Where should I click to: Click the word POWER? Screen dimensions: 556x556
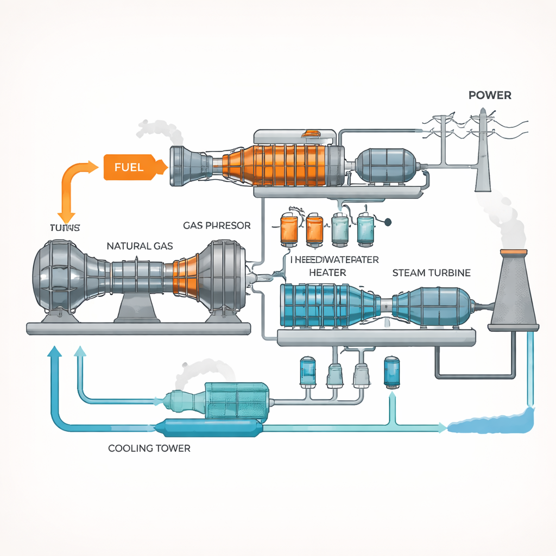pos(489,95)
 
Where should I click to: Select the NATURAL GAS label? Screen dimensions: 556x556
pos(140,246)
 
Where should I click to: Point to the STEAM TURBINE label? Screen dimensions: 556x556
pos(431,273)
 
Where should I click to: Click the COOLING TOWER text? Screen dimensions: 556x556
pos(149,448)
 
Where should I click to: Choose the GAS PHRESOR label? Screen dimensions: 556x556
pos(216,225)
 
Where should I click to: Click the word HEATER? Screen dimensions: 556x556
pos(327,272)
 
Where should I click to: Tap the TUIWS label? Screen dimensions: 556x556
pos(65,228)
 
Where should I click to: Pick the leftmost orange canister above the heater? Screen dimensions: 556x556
pos(288,228)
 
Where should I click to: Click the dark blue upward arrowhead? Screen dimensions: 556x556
pos(54,352)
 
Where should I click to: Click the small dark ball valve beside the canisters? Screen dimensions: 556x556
pos(388,222)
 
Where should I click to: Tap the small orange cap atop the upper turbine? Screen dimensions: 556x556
pos(313,134)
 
